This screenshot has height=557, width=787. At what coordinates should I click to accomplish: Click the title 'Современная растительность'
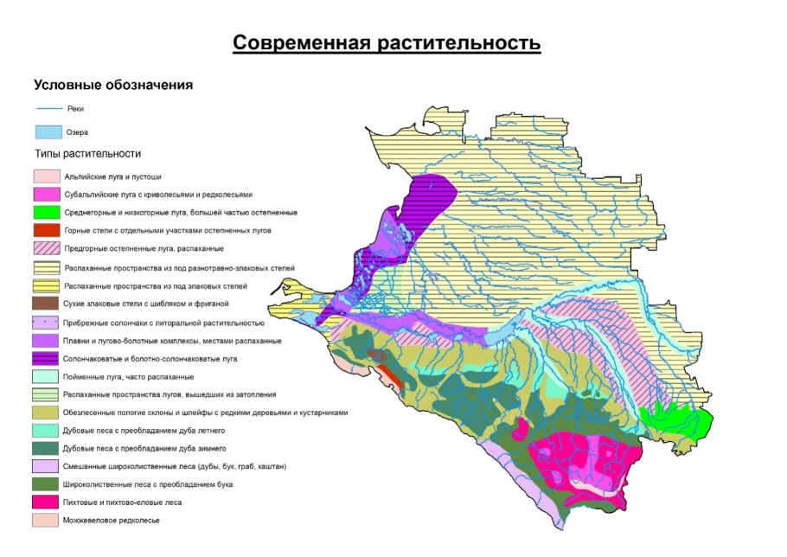click(x=387, y=43)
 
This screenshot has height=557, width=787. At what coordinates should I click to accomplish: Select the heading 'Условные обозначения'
click(x=112, y=86)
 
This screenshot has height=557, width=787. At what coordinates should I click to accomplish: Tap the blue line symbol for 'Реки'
click(x=48, y=109)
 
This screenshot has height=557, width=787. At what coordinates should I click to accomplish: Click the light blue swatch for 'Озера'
click(x=48, y=132)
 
